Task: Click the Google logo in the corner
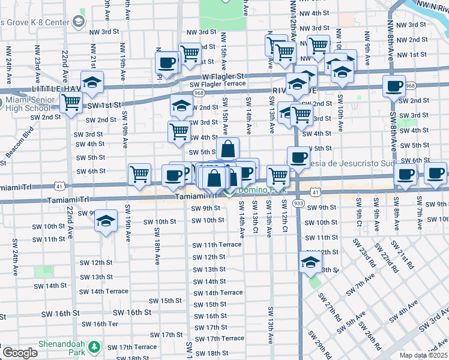tap(20, 353)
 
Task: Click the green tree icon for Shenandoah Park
tap(94, 347)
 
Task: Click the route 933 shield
tap(298, 204)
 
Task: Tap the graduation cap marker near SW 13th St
tap(310, 262)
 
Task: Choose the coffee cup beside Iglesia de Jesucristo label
tap(298, 158)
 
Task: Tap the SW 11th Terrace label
tap(216, 245)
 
